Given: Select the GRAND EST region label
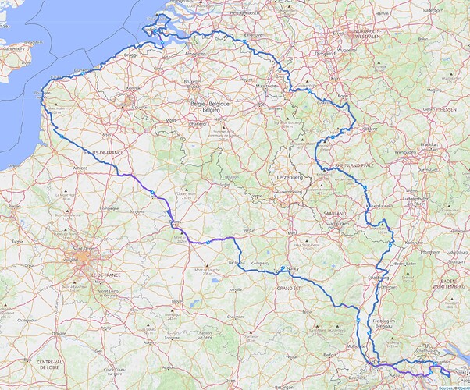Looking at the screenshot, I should point(287,289).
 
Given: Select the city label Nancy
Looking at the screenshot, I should point(294,271).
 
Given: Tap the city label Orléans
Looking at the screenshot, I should point(55,333).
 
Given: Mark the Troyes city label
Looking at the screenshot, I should point(177,300).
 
